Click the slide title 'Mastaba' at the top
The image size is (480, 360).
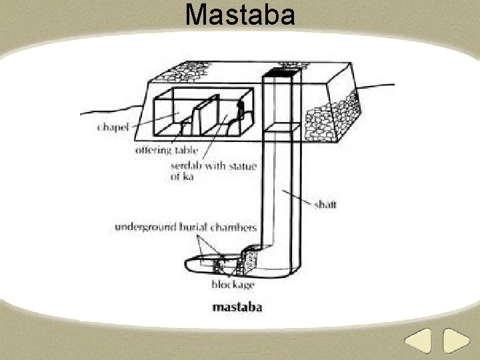pos(240,14)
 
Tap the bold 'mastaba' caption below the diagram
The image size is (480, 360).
pos(237,307)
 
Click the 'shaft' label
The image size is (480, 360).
pos(325,204)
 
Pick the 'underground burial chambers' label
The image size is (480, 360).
pos(185,228)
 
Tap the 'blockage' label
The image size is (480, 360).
pos(233,285)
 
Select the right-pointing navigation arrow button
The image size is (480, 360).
pos(457,341)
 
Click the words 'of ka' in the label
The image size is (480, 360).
pos(182,177)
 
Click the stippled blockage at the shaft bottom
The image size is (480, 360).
pos(250,260)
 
